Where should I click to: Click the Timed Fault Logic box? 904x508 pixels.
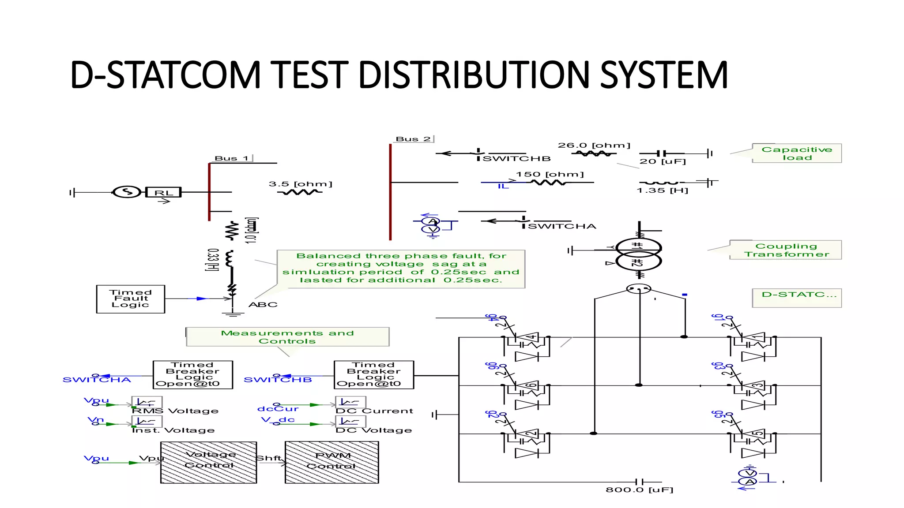(x=130, y=299)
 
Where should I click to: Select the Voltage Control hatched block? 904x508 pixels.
(x=208, y=462)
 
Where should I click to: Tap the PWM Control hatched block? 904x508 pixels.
(x=331, y=462)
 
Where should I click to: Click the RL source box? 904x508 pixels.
(x=163, y=192)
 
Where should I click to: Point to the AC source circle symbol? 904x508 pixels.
(x=127, y=192)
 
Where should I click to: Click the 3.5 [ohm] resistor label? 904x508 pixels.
(x=300, y=184)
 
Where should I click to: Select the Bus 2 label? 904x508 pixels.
(x=413, y=139)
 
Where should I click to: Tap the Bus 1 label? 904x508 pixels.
(x=232, y=158)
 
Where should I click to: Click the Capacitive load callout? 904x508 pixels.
(x=796, y=153)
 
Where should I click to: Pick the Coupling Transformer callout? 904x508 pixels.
(x=786, y=250)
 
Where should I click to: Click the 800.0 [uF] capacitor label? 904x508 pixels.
(x=639, y=489)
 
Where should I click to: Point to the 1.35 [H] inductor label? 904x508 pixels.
(x=662, y=190)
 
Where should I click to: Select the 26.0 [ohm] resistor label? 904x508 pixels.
(x=594, y=145)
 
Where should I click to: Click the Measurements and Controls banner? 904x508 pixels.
(x=287, y=337)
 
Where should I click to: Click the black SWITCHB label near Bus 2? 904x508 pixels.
(x=516, y=159)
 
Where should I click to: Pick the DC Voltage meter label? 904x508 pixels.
(x=373, y=430)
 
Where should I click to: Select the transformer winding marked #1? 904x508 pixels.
(x=638, y=246)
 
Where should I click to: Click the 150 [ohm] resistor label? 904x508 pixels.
(x=550, y=174)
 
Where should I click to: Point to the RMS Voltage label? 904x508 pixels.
(x=175, y=411)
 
